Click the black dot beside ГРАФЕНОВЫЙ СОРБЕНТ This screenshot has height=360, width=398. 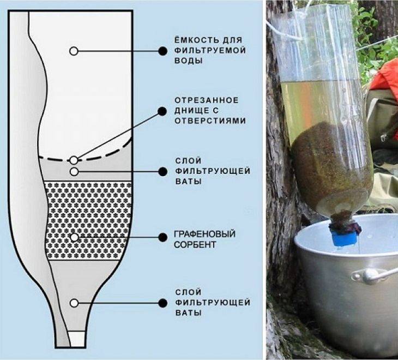point(162,237)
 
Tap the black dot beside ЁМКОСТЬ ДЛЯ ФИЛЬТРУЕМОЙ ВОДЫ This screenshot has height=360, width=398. point(162,51)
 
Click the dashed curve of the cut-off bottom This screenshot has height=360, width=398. point(109,154)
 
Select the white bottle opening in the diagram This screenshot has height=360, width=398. point(77,339)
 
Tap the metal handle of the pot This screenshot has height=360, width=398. point(376,273)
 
